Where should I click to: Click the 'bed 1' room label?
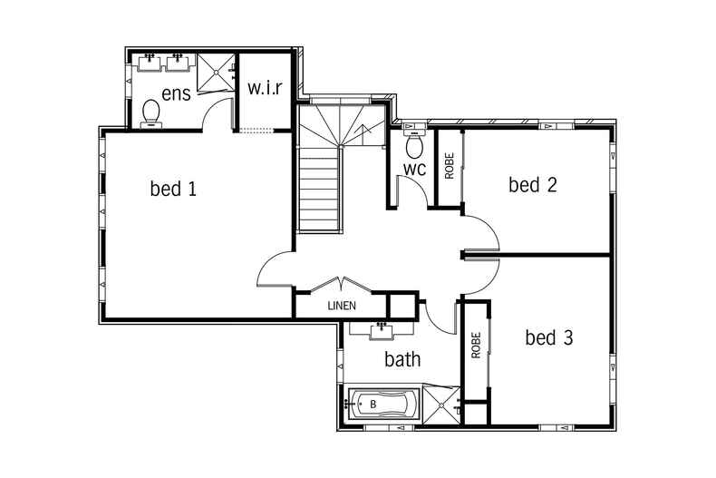click(173, 189)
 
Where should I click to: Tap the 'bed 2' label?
click(533, 185)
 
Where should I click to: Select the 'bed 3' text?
click(549, 337)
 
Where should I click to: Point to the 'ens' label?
click(176, 93)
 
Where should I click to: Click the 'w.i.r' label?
click(266, 87)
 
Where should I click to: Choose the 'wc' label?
click(414, 169)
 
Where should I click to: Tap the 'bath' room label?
click(402, 359)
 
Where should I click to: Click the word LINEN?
click(342, 306)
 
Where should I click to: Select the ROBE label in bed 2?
click(450, 165)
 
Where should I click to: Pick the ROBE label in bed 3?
click(476, 345)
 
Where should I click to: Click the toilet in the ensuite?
click(150, 112)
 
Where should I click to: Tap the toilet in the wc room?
click(414, 142)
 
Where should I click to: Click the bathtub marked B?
click(382, 405)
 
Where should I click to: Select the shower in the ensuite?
click(216, 73)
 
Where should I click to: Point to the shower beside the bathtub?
click(441, 405)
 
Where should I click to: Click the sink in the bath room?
click(381, 330)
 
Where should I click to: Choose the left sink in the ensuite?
click(150, 63)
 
